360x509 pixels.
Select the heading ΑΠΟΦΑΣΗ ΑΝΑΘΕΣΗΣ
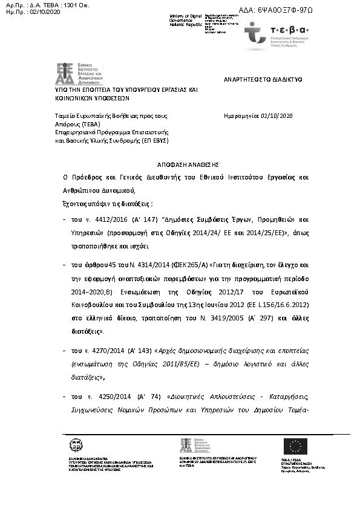[179, 164]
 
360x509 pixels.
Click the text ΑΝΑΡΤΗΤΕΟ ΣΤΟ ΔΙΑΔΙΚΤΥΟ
[263, 79]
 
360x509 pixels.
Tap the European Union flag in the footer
[295, 447]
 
